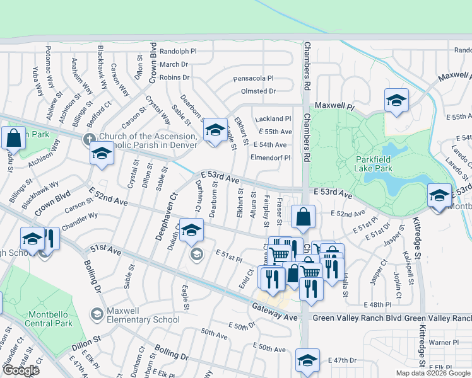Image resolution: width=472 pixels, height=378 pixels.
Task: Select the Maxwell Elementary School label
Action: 143,314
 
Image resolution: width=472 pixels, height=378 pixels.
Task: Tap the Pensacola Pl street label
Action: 253,79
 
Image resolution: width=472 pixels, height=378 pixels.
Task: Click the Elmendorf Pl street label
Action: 271,158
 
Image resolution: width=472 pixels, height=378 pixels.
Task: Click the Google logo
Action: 21,370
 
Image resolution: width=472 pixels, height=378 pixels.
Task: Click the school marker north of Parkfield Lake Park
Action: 396,100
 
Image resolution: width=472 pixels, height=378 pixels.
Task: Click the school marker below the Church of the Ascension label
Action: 101,154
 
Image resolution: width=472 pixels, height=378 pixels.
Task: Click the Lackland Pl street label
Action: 273,118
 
